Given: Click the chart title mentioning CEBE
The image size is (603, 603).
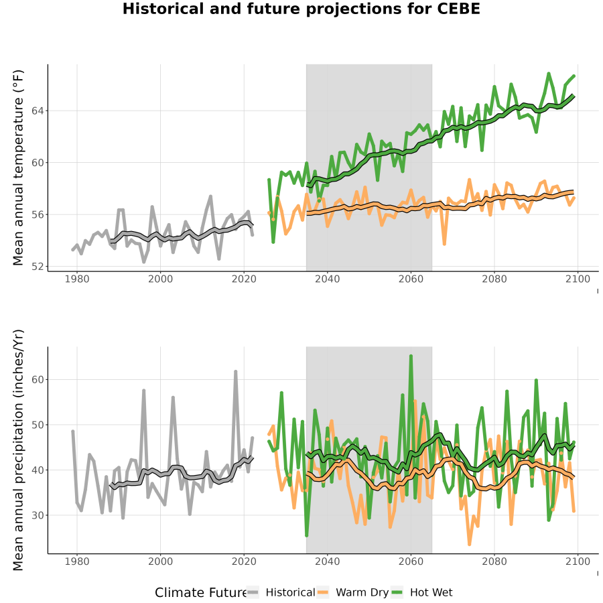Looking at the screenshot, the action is [x=301, y=9].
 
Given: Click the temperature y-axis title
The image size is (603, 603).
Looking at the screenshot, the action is [x=18, y=167].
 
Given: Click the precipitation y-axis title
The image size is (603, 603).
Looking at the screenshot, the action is [x=18, y=450].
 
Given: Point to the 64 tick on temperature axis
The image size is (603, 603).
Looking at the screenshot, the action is [x=38, y=111].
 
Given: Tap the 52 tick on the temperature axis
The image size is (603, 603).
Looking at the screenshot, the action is [x=38, y=266].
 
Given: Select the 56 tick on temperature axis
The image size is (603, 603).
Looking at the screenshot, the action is [x=38, y=214].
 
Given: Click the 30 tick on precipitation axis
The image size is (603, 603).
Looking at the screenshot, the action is [x=38, y=515].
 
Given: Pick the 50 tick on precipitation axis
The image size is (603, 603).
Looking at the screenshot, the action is [x=38, y=425].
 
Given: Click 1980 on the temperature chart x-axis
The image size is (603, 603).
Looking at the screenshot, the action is [x=77, y=279].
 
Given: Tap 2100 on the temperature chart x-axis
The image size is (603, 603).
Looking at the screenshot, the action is [x=578, y=279].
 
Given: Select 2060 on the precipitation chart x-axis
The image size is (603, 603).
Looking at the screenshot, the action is [x=411, y=561].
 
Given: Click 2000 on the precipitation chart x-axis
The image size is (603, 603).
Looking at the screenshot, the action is [x=160, y=561].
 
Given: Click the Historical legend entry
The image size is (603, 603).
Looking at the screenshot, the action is [x=281, y=592].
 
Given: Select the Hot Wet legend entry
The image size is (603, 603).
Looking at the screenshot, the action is [x=422, y=592].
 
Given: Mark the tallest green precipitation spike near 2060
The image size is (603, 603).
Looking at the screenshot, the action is [x=411, y=356].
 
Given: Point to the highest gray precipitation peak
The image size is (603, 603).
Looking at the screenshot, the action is [x=236, y=372].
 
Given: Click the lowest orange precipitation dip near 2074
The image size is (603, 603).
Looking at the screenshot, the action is [x=469, y=544].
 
